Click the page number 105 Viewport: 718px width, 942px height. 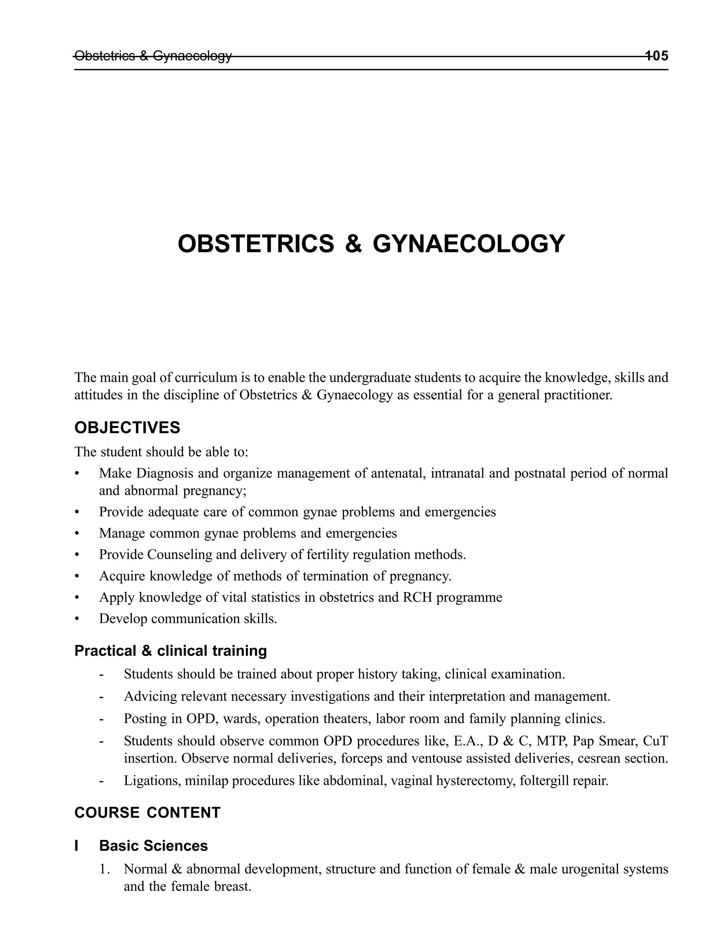tap(656, 56)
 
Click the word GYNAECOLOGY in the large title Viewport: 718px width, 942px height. tap(469, 244)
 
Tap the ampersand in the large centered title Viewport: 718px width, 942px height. tap(353, 244)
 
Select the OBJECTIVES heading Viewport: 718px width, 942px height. tap(127, 428)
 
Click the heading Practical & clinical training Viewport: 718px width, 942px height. tap(170, 651)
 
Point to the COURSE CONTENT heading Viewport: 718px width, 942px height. tap(148, 813)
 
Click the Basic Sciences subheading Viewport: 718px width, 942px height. tap(154, 846)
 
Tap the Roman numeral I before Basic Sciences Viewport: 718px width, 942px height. tap(76, 846)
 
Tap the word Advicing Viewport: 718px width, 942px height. tap(150, 696)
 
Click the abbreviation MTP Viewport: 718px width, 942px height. tap(551, 741)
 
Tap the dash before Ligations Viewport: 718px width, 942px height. tap(101, 781)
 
